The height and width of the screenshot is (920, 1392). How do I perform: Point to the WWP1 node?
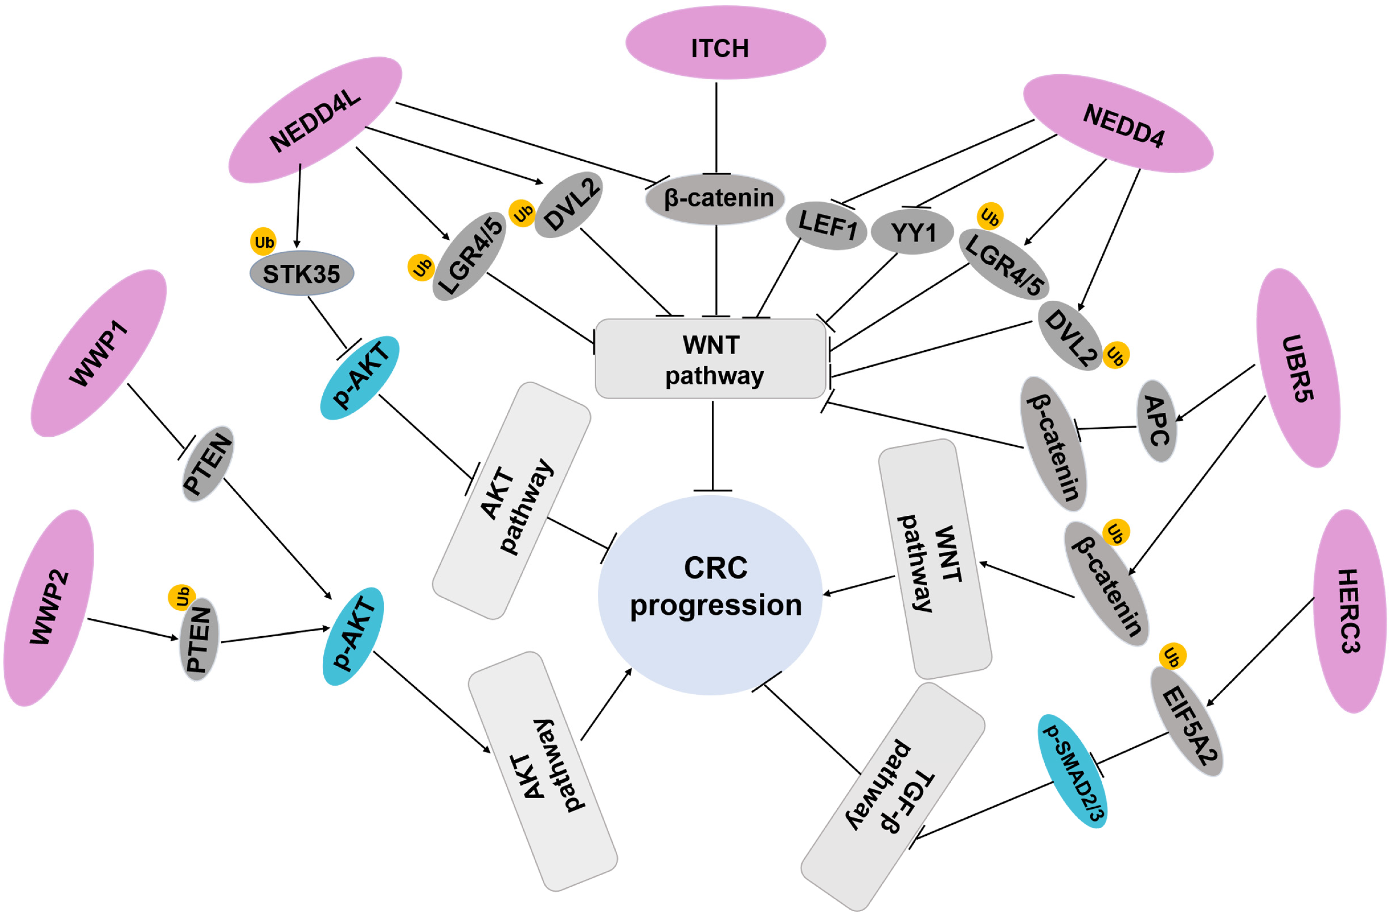99,353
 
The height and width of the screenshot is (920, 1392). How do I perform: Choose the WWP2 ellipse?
49,608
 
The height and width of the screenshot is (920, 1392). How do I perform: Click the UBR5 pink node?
1298,368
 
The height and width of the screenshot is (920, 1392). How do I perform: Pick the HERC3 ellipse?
1350,611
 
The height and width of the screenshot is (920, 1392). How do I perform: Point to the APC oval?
1156,421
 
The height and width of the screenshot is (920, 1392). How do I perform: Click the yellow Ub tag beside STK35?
263,242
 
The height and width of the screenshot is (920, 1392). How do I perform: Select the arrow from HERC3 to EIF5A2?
1259,652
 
